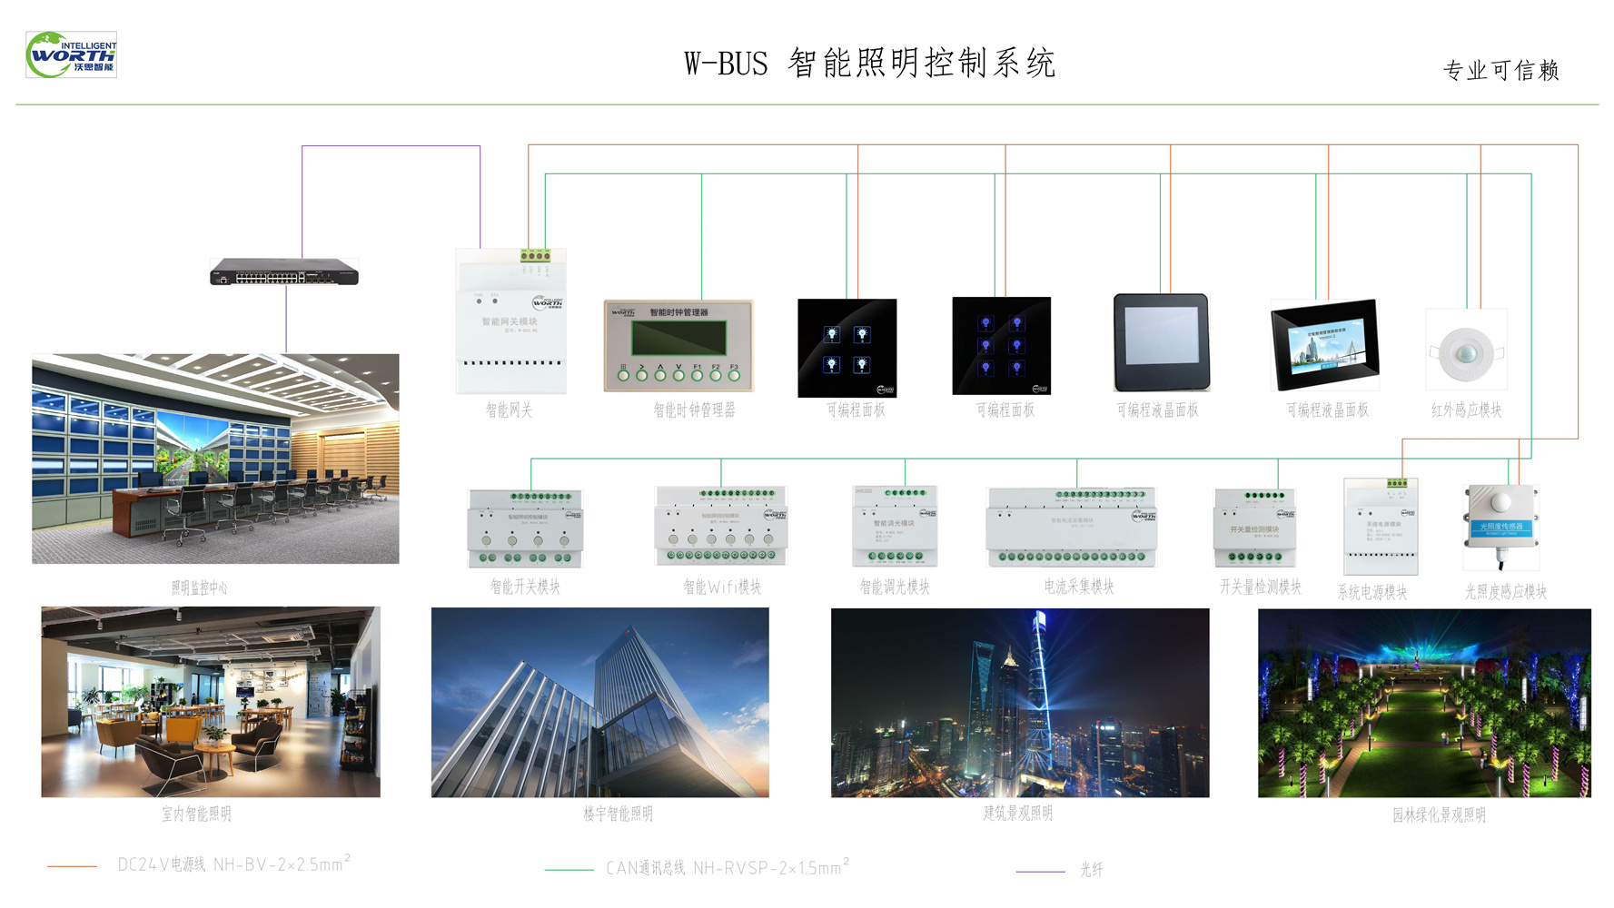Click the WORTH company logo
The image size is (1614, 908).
tap(71, 54)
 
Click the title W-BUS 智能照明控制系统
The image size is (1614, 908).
tap(869, 64)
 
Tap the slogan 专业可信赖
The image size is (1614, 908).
tap(1500, 70)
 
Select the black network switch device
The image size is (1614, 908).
tap(284, 271)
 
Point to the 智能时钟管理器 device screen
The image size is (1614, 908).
tap(678, 339)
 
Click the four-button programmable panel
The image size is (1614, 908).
tap(847, 348)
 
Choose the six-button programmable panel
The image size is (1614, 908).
tap(1001, 346)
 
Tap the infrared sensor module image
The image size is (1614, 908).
tap(1466, 350)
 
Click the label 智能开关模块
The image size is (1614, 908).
tap(525, 587)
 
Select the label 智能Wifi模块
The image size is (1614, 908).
tap(722, 587)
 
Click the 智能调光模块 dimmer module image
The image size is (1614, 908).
tap(895, 527)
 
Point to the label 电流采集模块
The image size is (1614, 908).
tap(1078, 587)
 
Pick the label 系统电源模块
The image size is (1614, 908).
tap(1371, 592)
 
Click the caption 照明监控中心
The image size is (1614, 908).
tap(199, 587)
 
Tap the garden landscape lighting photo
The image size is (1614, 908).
tap(1424, 703)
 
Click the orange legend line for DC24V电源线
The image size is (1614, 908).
tap(72, 866)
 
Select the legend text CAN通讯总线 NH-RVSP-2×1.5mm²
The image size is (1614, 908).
tap(727, 867)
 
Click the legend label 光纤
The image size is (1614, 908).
tap(1091, 870)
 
